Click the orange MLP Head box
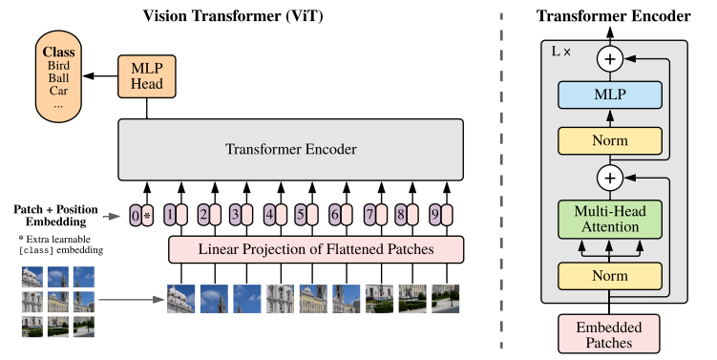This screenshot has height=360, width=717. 146,75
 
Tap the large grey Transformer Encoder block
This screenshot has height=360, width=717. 290,149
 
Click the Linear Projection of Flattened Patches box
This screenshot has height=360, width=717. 316,249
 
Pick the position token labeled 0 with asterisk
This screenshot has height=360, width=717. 141,215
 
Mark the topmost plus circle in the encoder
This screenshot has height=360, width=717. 609,59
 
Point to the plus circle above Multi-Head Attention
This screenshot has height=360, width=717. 609,178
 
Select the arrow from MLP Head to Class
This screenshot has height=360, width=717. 99,74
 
